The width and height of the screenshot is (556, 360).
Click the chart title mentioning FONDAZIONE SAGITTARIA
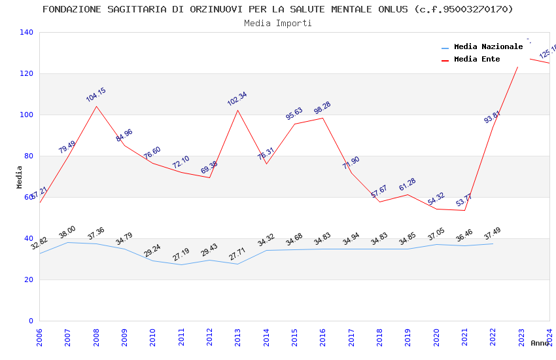(x=278, y=9)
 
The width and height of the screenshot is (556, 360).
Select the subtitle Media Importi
(x=278, y=23)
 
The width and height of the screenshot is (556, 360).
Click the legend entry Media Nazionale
(x=488, y=46)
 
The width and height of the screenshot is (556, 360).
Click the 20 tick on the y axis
(x=28, y=279)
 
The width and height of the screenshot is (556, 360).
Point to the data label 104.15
(x=96, y=95)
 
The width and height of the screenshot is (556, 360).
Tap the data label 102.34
(x=237, y=99)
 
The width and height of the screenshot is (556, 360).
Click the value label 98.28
(x=322, y=108)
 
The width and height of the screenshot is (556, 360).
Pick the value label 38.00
(x=67, y=232)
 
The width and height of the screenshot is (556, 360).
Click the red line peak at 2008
(x=96, y=106)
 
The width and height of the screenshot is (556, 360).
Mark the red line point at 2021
(x=464, y=210)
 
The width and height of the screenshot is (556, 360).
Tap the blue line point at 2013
(x=238, y=264)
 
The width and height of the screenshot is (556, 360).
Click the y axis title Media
(x=20, y=177)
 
